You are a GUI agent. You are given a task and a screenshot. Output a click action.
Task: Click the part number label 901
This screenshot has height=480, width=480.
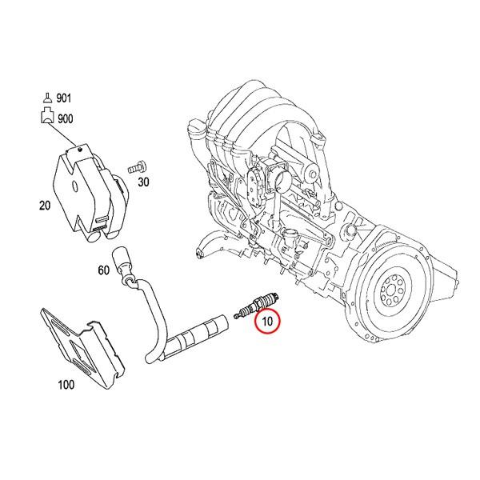(x=63, y=98)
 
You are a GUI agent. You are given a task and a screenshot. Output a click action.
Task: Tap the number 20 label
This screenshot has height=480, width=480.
(x=46, y=205)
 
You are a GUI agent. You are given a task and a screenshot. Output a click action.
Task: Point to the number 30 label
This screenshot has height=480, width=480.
(x=143, y=182)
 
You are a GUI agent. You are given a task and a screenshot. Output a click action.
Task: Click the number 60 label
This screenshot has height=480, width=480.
(x=103, y=270)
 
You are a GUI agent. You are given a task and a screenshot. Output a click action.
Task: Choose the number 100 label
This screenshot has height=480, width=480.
(x=66, y=385)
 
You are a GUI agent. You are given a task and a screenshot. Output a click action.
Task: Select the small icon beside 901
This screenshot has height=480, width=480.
(x=46, y=98)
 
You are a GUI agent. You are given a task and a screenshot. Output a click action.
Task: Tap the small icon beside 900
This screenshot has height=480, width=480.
(x=46, y=118)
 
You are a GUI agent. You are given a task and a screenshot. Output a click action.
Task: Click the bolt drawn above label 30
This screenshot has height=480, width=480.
(x=137, y=166)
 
